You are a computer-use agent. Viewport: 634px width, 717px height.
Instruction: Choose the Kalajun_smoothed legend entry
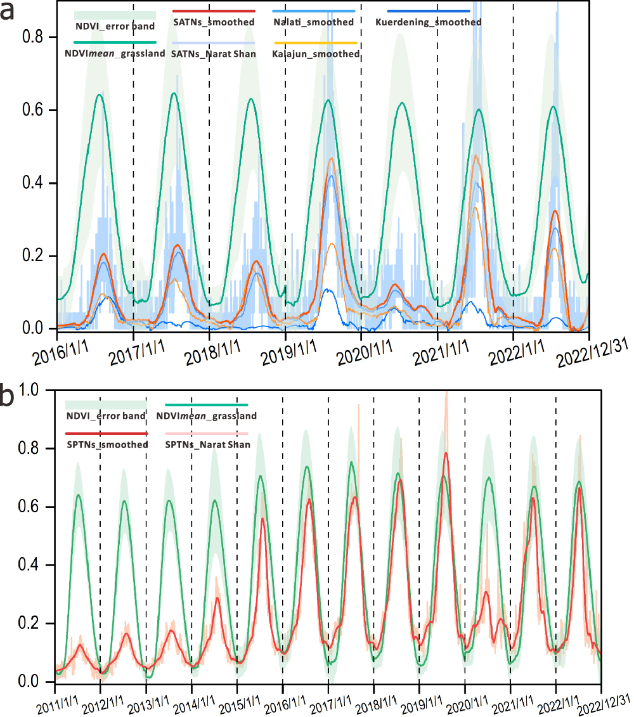[x=315, y=54]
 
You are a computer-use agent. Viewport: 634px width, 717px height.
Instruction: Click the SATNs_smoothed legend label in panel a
[x=214, y=22]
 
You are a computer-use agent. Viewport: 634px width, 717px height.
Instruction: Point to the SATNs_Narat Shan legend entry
[x=214, y=54]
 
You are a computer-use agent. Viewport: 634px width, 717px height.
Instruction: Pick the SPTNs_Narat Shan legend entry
[x=207, y=445]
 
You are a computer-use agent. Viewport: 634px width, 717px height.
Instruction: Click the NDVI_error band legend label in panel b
[x=107, y=417]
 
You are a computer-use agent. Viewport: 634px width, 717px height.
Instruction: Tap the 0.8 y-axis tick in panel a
[x=35, y=37]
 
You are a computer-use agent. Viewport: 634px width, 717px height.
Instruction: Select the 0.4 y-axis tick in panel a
[x=35, y=183]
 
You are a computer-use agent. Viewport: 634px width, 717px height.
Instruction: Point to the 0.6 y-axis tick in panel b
[x=35, y=507]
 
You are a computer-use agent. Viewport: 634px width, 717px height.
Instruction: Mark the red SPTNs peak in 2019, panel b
[x=447, y=453]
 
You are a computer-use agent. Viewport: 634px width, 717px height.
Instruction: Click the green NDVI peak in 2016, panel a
[x=100, y=94]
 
